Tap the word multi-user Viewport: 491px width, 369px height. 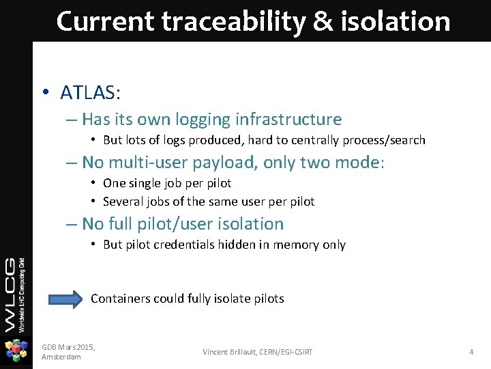coord(144,163)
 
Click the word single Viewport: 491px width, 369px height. coord(148,183)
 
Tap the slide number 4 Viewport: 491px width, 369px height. coord(471,352)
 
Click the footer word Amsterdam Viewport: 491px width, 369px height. coord(61,357)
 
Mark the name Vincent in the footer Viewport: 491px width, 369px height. coord(218,352)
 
